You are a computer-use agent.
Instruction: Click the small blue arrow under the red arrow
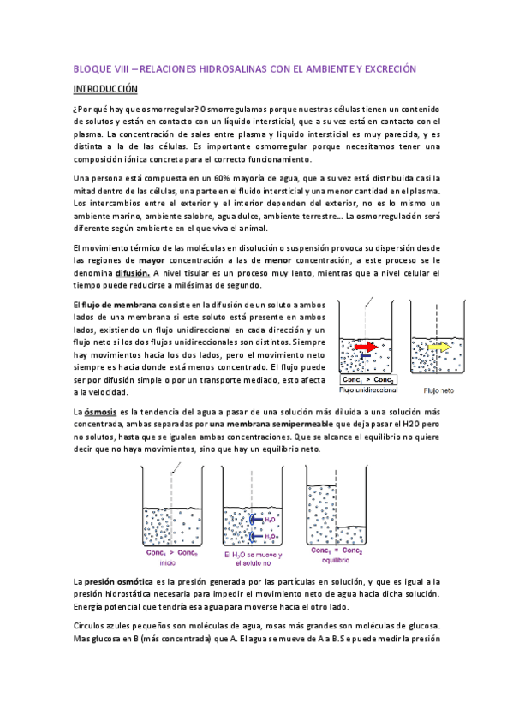367,357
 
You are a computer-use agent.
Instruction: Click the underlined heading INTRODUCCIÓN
107,88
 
